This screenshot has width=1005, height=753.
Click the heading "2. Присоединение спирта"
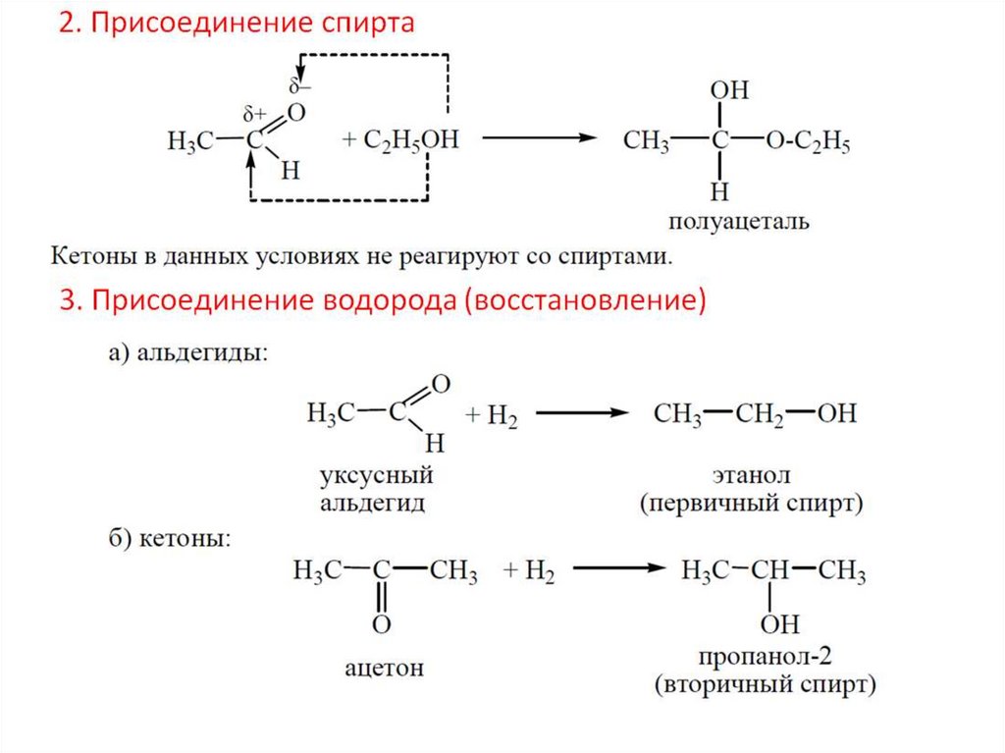237,24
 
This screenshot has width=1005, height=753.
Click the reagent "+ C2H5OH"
399,139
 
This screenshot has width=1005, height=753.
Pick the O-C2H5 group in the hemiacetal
808,141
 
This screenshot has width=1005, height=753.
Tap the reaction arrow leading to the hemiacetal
539,138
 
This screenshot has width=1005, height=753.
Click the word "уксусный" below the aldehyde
376,477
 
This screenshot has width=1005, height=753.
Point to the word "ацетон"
384,669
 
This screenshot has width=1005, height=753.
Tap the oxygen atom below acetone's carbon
382,624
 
